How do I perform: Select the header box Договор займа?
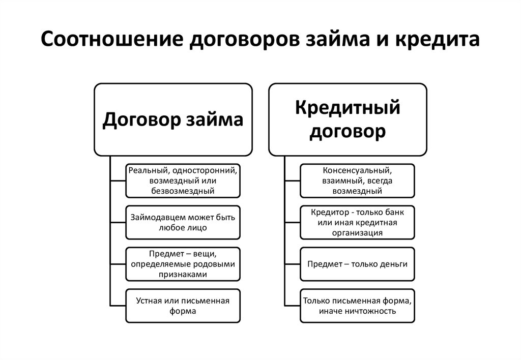click(x=173, y=119)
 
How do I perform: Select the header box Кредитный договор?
click(x=348, y=119)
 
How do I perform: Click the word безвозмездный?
click(x=182, y=191)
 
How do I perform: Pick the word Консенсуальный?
click(x=356, y=169)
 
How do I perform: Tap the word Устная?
click(x=148, y=301)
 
